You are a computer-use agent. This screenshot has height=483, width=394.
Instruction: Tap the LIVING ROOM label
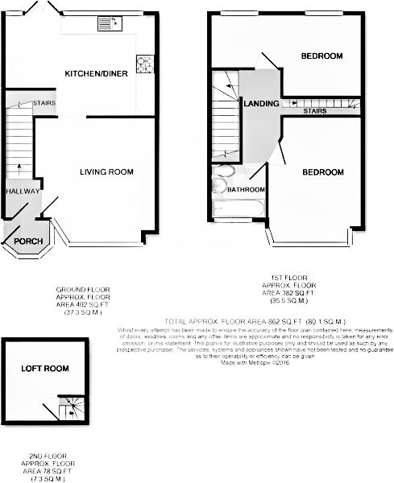(x=106, y=171)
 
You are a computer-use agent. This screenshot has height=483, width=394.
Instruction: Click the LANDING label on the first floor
(x=261, y=104)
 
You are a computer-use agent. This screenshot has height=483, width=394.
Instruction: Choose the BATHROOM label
(x=246, y=190)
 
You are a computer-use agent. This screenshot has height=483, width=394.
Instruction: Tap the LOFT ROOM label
(x=45, y=369)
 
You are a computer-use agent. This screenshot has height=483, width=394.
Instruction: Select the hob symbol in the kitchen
(x=146, y=64)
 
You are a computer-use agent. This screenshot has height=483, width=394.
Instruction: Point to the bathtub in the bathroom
(x=238, y=208)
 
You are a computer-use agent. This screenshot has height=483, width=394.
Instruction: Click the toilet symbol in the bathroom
(x=220, y=185)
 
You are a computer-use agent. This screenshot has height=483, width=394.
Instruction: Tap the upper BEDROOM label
(x=322, y=56)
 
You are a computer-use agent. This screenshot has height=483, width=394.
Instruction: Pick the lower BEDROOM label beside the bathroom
(x=323, y=172)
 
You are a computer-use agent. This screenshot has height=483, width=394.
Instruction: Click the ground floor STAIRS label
(x=44, y=104)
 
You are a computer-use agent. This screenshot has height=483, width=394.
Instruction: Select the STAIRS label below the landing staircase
(x=315, y=111)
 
